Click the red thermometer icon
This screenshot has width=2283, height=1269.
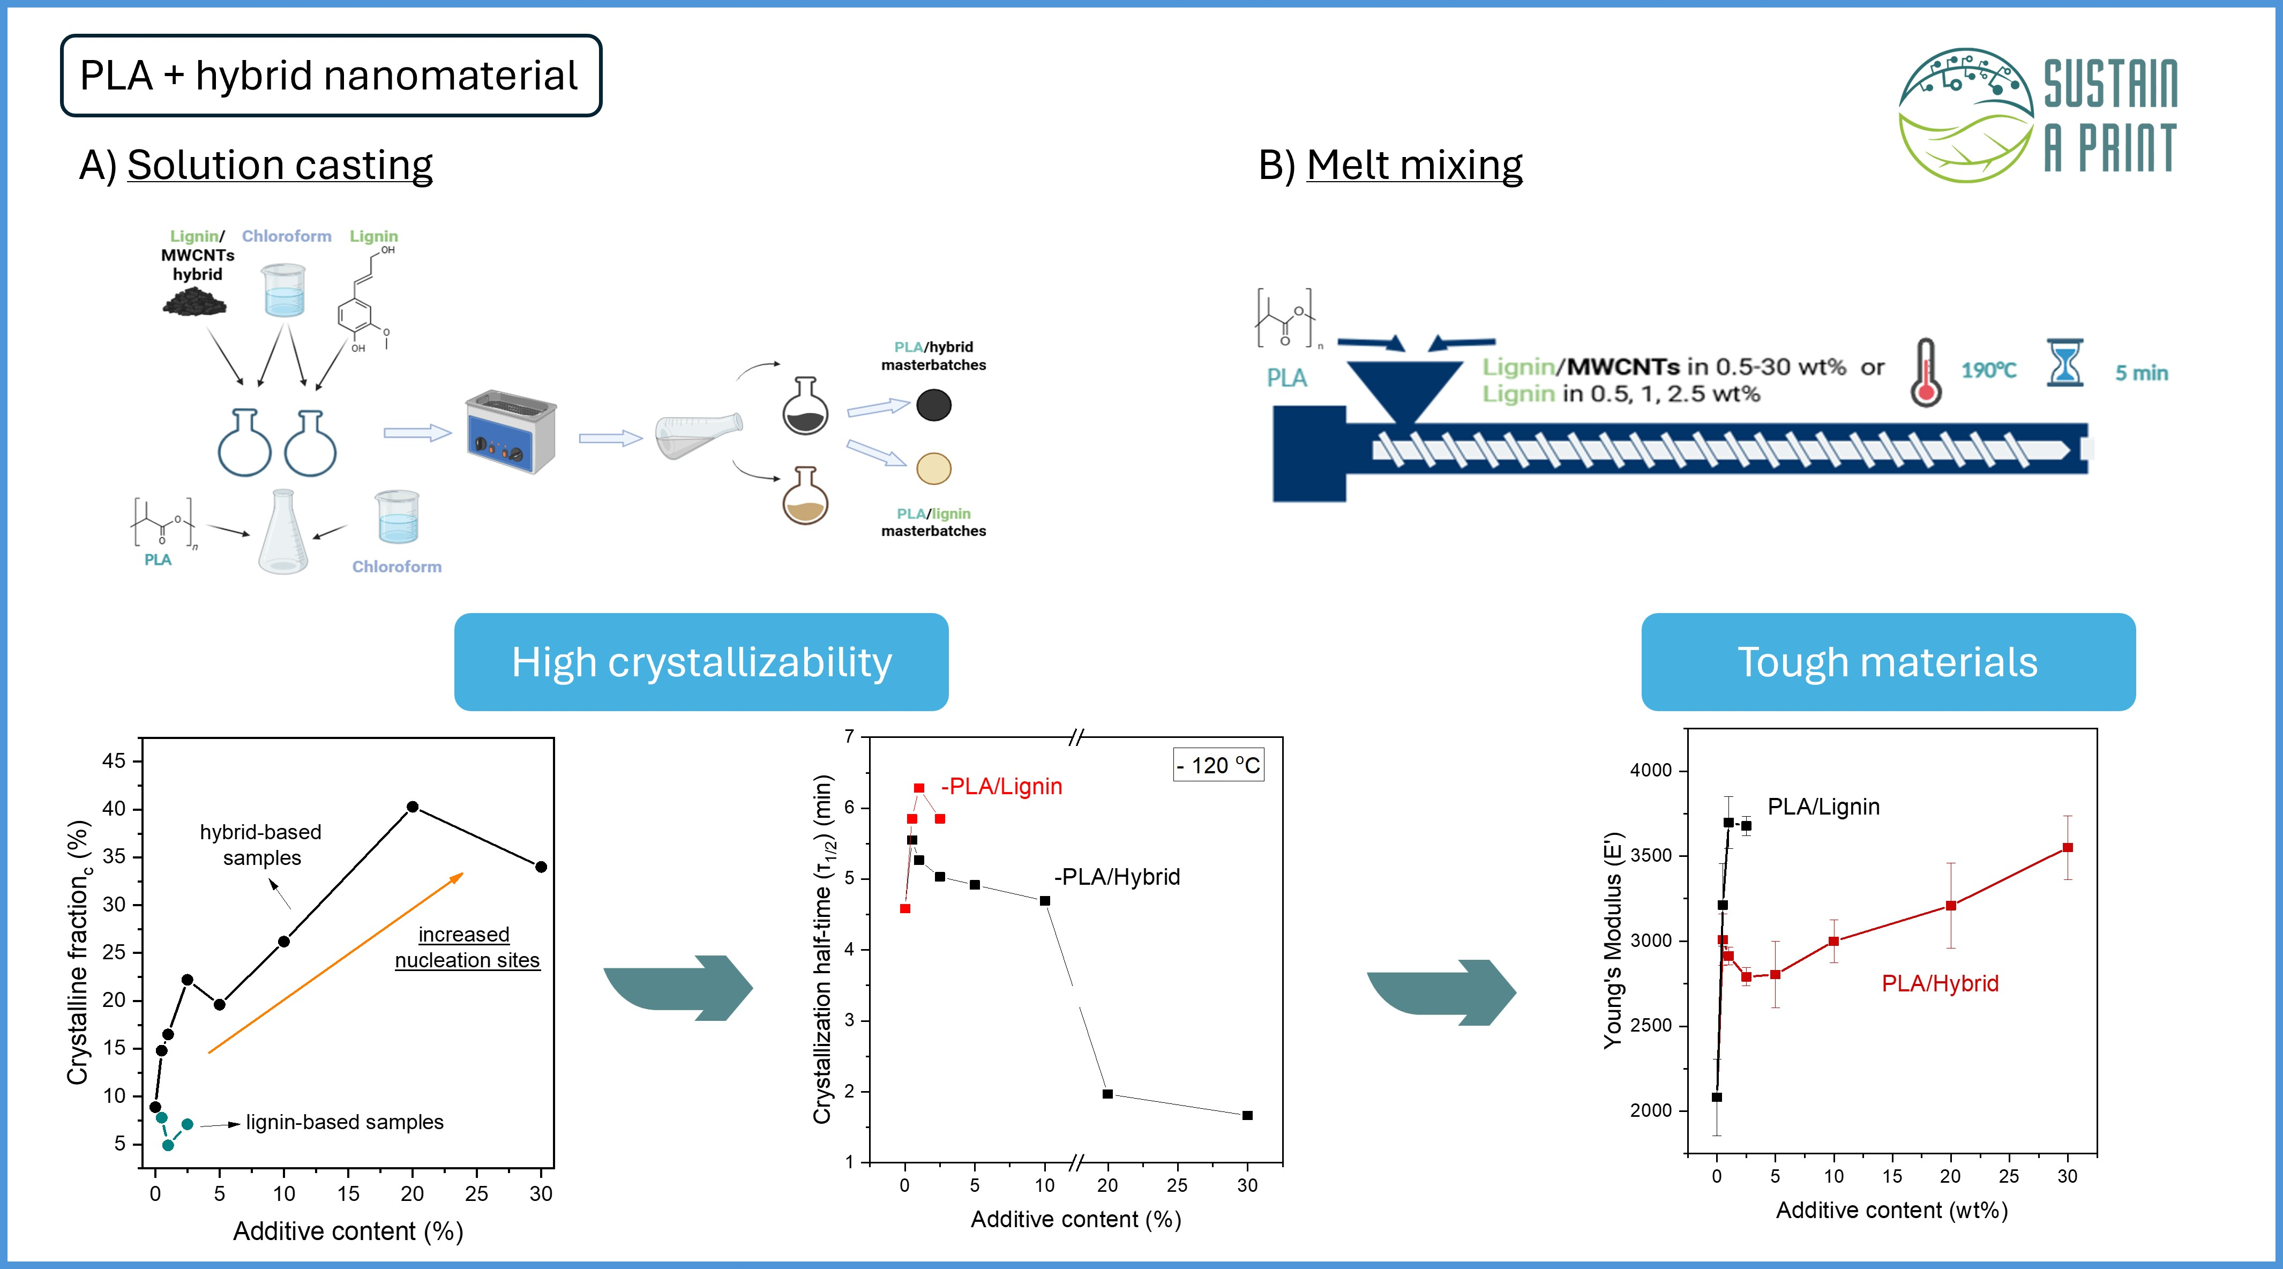pos(1925,373)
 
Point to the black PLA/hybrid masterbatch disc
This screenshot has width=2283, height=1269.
pos(933,405)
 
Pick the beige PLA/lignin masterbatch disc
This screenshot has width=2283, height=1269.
pos(933,468)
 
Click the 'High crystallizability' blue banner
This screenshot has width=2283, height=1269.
pos(701,662)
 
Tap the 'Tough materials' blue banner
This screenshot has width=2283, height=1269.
pos(1888,662)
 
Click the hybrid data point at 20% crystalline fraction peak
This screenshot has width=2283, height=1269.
pos(412,807)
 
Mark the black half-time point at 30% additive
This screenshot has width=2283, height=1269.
pos(1247,1115)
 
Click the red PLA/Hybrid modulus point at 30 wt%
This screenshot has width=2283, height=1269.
pos(2068,847)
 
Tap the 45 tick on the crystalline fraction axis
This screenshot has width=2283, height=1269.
pos(114,760)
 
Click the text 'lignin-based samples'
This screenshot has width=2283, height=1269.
pos(345,1122)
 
